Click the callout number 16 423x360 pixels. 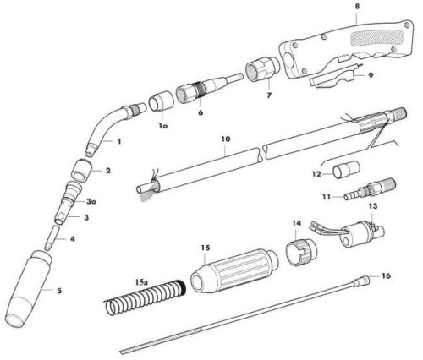(387, 276)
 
